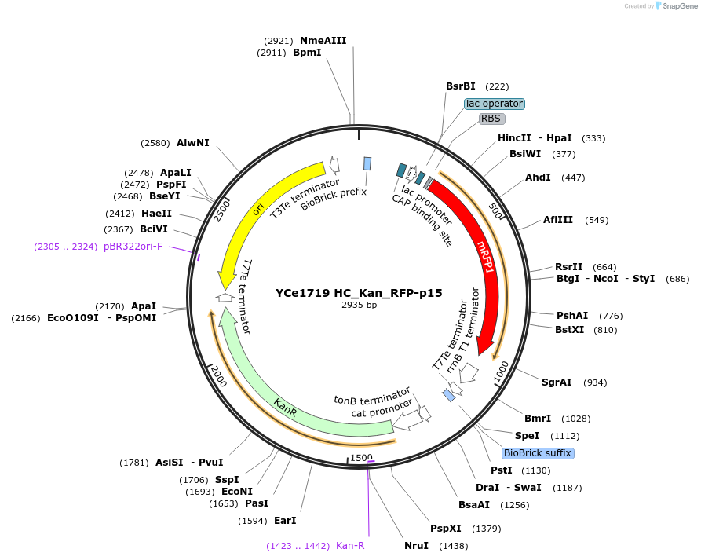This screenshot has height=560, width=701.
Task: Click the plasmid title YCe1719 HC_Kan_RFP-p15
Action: coord(359,293)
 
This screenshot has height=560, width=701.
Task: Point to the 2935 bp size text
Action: coord(359,305)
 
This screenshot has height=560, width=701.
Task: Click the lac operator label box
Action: coord(494,104)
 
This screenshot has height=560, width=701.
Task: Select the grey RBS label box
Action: coord(491,119)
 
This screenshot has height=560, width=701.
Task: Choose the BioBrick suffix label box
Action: coord(538,453)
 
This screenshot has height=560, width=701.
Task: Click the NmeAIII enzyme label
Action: coord(323,41)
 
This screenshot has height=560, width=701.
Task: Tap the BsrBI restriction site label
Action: coord(461,86)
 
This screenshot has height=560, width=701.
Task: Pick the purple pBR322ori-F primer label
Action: coord(133,247)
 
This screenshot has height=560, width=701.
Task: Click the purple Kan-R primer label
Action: coord(350,546)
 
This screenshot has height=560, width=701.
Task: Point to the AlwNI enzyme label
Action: coord(193,143)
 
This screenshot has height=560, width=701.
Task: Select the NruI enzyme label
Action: coord(417,546)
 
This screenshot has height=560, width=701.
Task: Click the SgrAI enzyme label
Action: coord(557,382)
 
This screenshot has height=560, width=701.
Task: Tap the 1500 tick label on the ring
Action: coord(361,457)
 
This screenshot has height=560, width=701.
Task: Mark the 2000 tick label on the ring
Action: coord(217,378)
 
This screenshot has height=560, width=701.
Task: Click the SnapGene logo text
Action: coord(678,6)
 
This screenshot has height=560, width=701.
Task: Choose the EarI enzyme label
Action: coord(285,520)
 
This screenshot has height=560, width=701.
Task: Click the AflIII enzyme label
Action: coord(558,220)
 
